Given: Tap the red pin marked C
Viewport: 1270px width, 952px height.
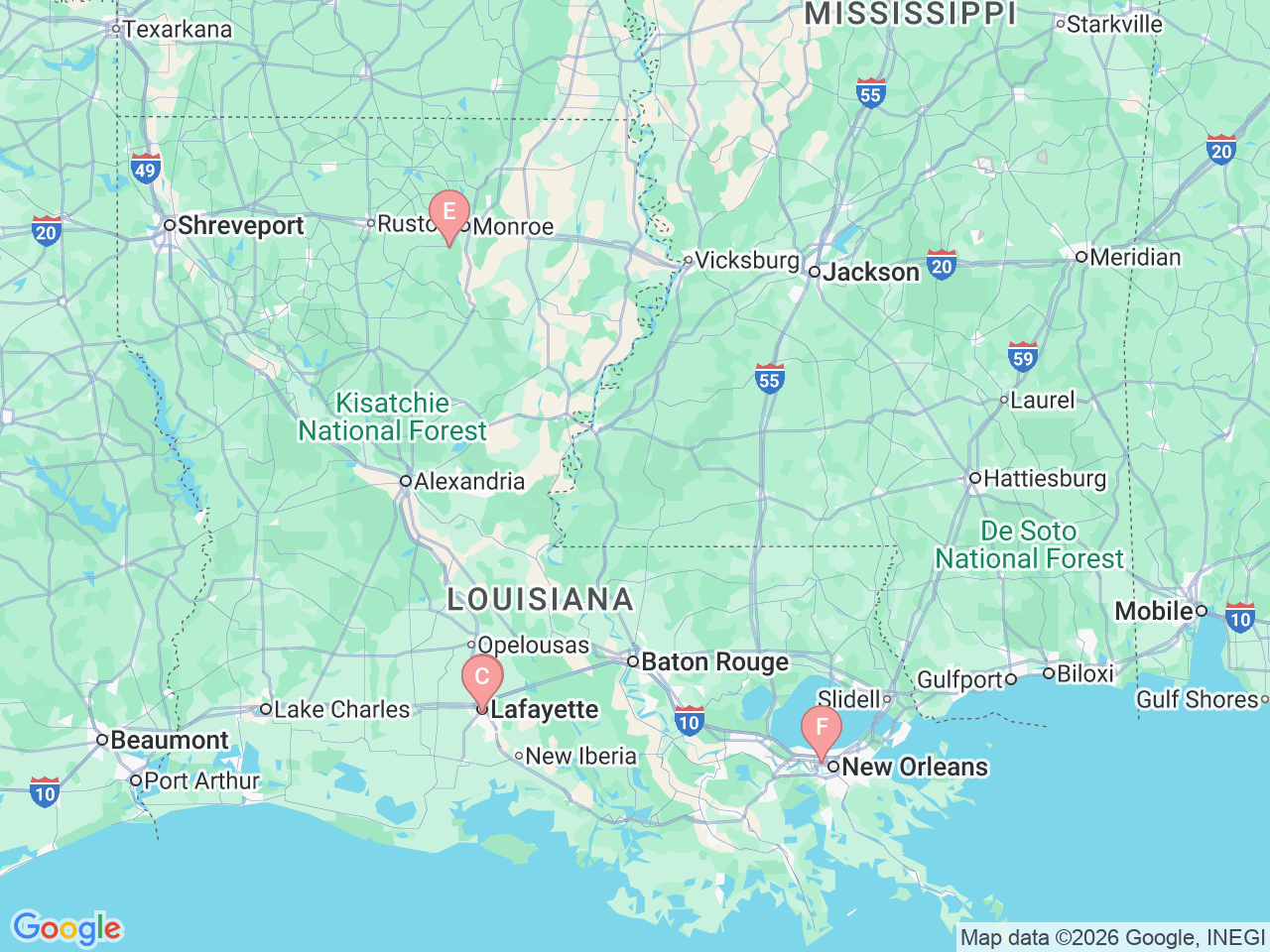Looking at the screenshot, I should click(482, 678).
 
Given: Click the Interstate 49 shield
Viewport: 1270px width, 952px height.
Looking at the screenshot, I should click(146, 169).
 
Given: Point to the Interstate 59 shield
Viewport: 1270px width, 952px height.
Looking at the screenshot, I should click(1022, 357).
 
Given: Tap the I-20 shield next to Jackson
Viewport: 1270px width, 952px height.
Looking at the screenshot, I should click(942, 265).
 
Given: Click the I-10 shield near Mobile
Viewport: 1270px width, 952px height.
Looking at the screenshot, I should click(1239, 618).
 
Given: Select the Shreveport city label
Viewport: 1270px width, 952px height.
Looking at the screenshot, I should click(240, 226).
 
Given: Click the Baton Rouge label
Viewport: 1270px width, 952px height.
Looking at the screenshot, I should click(714, 661).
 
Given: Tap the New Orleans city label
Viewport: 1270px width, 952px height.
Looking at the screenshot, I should click(914, 767).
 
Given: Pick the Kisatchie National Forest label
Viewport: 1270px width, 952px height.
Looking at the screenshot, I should click(393, 417).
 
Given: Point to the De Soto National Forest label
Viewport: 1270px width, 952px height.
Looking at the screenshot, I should click(1029, 545).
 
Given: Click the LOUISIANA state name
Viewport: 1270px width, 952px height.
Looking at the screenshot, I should click(540, 599).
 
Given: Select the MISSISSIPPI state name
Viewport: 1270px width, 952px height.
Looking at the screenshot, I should click(910, 14).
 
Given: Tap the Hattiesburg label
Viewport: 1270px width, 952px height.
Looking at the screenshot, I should click(1044, 478).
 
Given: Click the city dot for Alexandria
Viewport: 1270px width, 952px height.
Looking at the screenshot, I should click(406, 481).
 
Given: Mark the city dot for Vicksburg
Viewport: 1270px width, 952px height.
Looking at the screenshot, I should click(688, 261).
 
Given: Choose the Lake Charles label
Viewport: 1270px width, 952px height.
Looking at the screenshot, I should click(341, 709).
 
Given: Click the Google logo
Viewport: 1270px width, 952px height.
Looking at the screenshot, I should click(66, 929).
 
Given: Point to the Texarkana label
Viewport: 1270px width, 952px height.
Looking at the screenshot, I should click(177, 30).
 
